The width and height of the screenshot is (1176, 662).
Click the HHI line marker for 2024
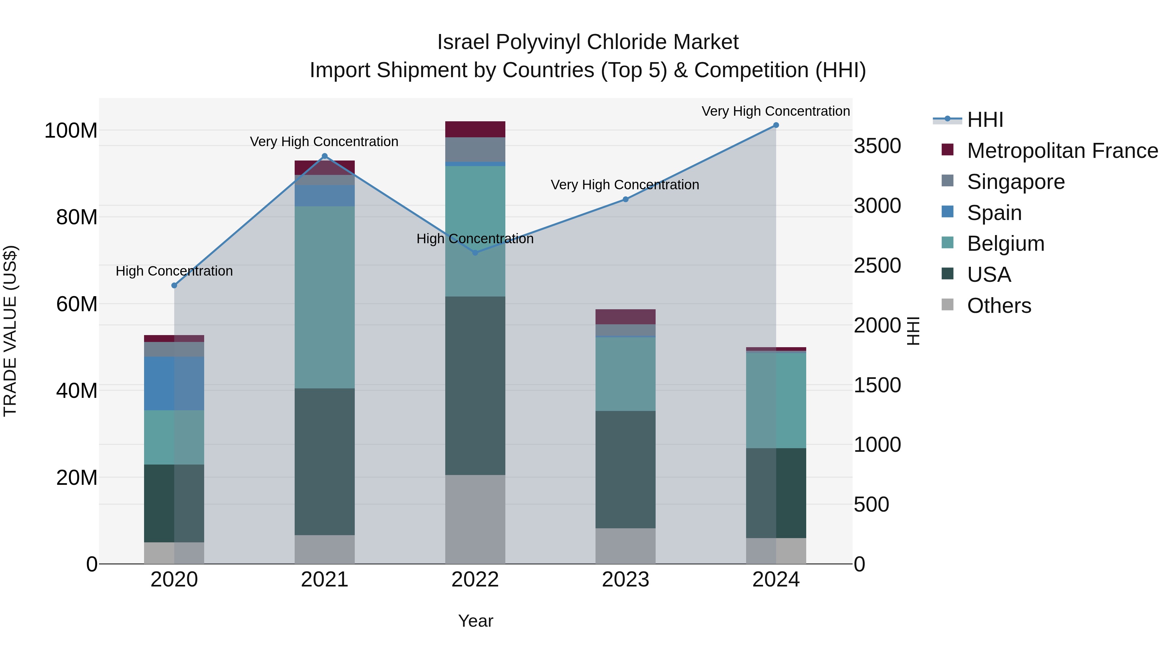[x=776, y=125]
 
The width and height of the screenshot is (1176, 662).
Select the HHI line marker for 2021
[x=325, y=156]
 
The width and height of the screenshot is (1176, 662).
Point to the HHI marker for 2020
[x=174, y=285]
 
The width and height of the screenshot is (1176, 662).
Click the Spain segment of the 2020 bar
[x=174, y=383]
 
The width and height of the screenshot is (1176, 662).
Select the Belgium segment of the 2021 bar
[x=325, y=297]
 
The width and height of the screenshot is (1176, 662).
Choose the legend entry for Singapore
[x=1016, y=182]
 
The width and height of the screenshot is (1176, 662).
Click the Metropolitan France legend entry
[x=1062, y=151]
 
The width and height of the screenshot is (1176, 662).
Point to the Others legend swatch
[x=948, y=305]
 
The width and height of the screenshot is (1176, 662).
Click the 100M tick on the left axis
[x=71, y=131]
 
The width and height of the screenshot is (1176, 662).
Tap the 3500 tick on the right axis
[x=877, y=146]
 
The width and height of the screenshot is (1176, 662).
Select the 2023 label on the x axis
[x=626, y=580]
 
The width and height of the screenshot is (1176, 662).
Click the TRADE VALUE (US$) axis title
[x=10, y=331]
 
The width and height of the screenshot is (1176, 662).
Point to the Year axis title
[x=475, y=621]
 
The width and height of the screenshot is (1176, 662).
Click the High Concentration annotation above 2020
[x=174, y=271]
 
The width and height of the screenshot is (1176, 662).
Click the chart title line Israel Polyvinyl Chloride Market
[x=588, y=42]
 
